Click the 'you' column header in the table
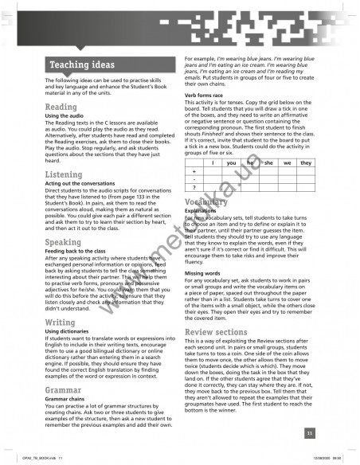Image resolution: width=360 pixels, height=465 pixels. pyautogui.click(x=231, y=162)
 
